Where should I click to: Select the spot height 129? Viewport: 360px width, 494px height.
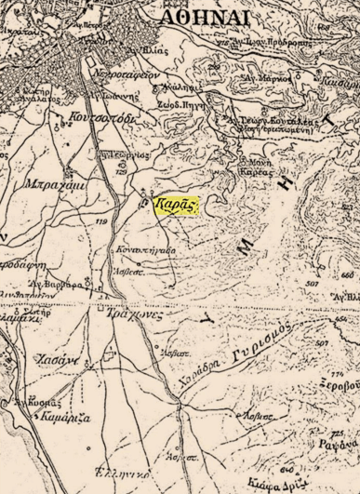point(121,173)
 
